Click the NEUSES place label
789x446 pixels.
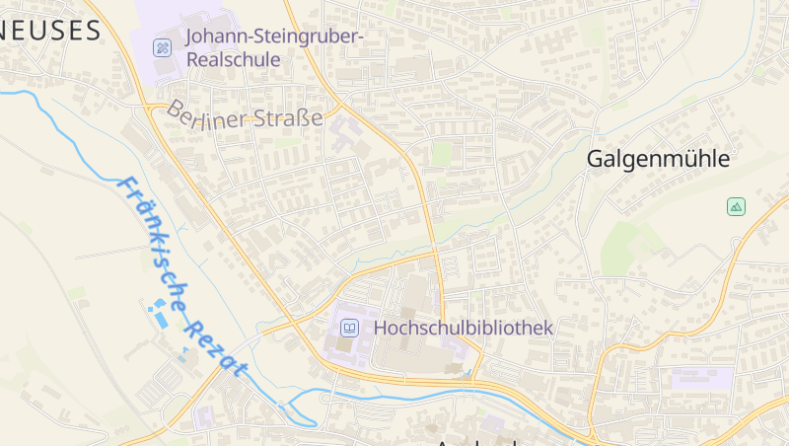pyautogui.click(x=49, y=31)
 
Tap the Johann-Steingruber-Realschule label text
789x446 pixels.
pyautogui.click(x=274, y=47)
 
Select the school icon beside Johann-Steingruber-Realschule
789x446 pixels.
pyautogui.click(x=162, y=47)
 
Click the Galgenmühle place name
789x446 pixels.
pyautogui.click(x=658, y=158)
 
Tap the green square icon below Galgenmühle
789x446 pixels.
pyautogui.click(x=736, y=206)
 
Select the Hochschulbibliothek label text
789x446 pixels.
pyautogui.click(x=463, y=328)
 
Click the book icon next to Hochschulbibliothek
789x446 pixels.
pyautogui.click(x=348, y=328)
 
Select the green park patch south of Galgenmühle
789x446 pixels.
pyautogui.click(x=631, y=241)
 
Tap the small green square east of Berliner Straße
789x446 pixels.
pyautogui.click(x=442, y=153)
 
